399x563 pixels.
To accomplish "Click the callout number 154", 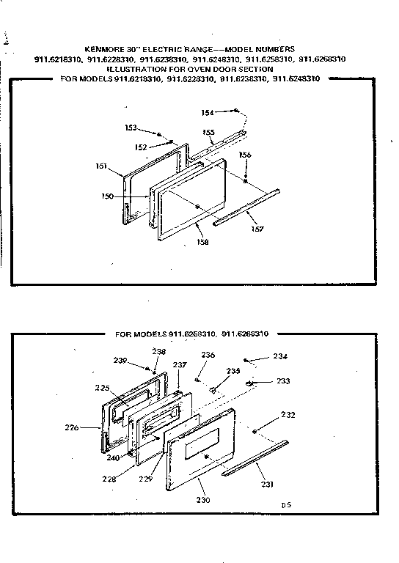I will click(x=208, y=112).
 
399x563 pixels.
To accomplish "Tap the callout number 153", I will click(x=131, y=128).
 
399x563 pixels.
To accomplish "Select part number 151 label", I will click(x=103, y=166).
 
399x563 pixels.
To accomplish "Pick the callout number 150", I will click(x=106, y=196).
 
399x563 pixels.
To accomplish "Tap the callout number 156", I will click(x=245, y=155).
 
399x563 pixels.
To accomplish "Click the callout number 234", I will click(x=280, y=356).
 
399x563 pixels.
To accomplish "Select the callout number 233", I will click(x=282, y=380).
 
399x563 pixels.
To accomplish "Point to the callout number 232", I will click(x=288, y=415).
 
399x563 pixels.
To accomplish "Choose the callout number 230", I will click(x=203, y=500).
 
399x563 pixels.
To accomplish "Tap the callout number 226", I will click(x=92, y=427).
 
